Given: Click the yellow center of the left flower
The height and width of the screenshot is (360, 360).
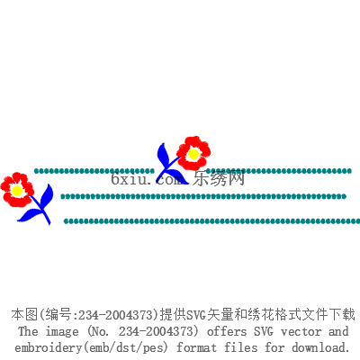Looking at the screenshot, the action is coord(17,190).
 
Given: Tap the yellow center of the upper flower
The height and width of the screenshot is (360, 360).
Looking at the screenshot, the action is coord(193,154).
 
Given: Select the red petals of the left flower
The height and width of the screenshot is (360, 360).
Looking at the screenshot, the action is coord(17,190).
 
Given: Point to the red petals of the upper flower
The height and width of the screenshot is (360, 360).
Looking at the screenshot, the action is coord(193,153).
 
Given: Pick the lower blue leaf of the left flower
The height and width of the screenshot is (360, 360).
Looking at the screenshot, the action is coord(31,215).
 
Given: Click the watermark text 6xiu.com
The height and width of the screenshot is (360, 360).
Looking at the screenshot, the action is coord(147,179).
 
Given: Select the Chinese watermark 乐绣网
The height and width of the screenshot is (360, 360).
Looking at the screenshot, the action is coord(219,178).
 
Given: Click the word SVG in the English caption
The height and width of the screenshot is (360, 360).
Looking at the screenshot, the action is coord(264,331).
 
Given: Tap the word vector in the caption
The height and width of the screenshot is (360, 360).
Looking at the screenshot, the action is coord(301,332).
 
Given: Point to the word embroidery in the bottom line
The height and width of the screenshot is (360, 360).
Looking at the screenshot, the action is coord(48,347).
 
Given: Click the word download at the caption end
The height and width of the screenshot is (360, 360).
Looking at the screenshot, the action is coord(321,347).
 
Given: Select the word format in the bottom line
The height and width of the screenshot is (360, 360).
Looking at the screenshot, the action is coord(196,347).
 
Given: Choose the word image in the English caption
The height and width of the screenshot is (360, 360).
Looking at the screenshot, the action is coord(62,332).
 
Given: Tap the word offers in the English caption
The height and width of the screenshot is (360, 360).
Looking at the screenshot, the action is coord(227,331).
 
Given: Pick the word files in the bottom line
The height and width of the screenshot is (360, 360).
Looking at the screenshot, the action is coord(241,347).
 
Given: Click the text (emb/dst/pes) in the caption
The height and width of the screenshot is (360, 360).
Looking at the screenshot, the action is coord(125,348).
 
